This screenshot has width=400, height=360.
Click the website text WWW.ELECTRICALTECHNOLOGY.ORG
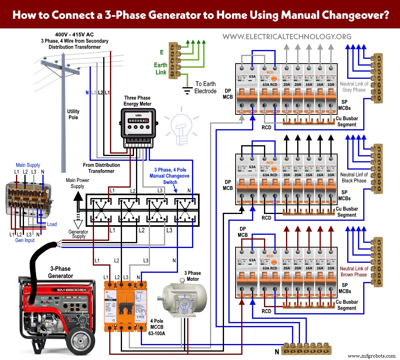287,37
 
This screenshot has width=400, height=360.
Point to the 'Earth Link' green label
160,68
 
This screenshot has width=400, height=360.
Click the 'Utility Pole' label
73,114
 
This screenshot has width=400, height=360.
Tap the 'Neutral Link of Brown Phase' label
354,272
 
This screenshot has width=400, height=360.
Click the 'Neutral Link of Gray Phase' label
354,87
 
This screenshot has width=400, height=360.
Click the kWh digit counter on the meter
136,120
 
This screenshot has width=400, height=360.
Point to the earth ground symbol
186,90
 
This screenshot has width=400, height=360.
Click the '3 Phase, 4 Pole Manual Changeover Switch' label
170,176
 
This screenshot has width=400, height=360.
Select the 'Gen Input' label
25,240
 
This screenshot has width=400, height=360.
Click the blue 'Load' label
52,224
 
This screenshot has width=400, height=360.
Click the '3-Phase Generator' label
61,272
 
